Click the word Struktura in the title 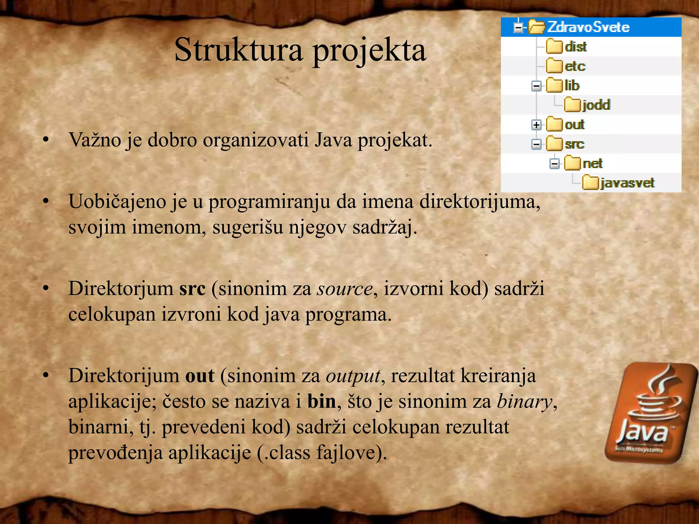point(238,50)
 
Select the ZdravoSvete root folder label point(588,27)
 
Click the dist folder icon point(554,47)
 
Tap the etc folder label point(575,66)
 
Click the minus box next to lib point(536,86)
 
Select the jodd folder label point(596,105)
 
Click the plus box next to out point(536,125)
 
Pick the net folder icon point(572,163)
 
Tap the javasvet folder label point(627,183)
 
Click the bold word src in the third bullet point(192,289)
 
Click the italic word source point(344,289)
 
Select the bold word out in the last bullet point(200,376)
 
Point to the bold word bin point(322,402)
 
